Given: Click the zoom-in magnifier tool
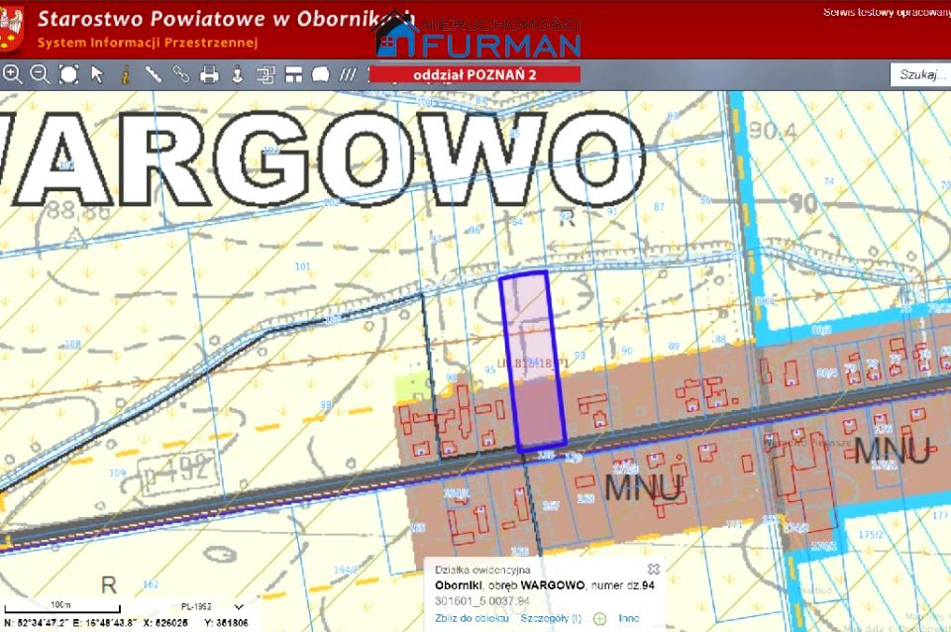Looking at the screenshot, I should pyautogui.click(x=13, y=74).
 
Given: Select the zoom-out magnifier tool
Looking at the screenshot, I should pyautogui.click(x=40, y=74).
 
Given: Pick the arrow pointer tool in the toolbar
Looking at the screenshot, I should pyautogui.click(x=97, y=74).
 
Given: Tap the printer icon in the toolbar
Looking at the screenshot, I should pyautogui.click(x=209, y=74).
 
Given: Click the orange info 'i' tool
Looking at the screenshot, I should pyautogui.click(x=125, y=74).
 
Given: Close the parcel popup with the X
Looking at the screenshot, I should pyautogui.click(x=653, y=570).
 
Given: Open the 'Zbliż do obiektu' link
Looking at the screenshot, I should pyautogui.click(x=472, y=618).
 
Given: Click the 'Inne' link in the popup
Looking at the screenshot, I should pyautogui.click(x=628, y=618).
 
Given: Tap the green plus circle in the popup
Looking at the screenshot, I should pyautogui.click(x=599, y=619).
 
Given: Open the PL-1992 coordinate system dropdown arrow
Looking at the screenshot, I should pyautogui.click(x=238, y=606).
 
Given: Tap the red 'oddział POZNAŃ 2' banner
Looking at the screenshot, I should pyautogui.click(x=475, y=74).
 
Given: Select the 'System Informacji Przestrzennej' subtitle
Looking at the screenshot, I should pyautogui.click(x=148, y=43).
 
